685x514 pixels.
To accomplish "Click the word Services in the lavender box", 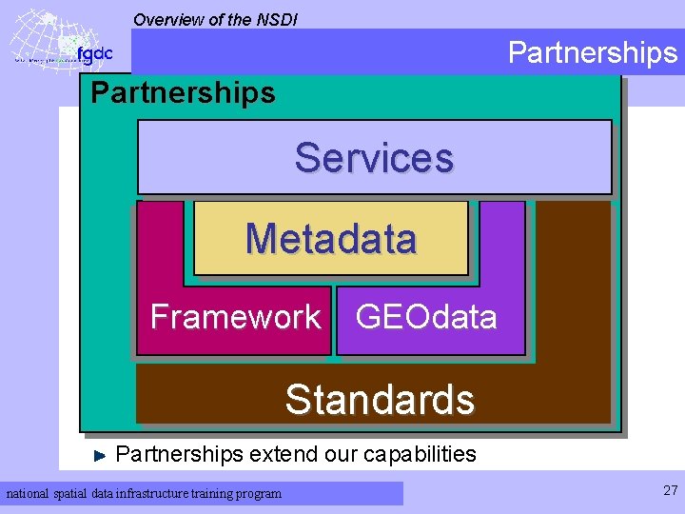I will [x=374, y=158].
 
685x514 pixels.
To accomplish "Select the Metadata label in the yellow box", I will [x=330, y=238].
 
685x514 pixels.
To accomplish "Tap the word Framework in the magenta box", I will [x=235, y=316].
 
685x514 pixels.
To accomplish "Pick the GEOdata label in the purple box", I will [x=425, y=316].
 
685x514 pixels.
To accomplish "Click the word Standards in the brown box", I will [x=379, y=400].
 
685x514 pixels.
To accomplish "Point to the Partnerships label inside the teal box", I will [x=182, y=93].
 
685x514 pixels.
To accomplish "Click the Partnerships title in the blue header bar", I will [x=592, y=52].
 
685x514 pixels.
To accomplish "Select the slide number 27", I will [x=670, y=491].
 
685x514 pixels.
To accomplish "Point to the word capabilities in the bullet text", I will [x=420, y=454].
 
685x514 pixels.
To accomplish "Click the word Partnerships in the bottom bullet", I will [x=179, y=454].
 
